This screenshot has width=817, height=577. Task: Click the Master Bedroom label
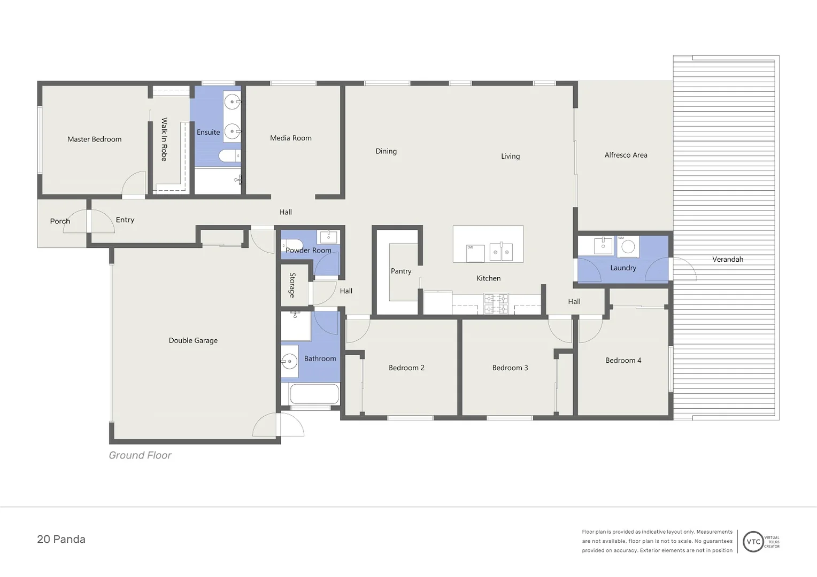pyautogui.click(x=94, y=139)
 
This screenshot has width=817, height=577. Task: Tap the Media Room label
pyautogui.click(x=290, y=138)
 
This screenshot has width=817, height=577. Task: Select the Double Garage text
pyautogui.click(x=193, y=340)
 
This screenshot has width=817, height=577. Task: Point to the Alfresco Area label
pyautogui.click(x=626, y=155)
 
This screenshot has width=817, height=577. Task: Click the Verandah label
pyautogui.click(x=727, y=259)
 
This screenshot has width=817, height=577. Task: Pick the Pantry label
pyautogui.click(x=401, y=271)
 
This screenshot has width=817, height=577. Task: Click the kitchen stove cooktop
pyautogui.click(x=496, y=303)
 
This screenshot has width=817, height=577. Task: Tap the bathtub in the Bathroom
pyautogui.click(x=314, y=394)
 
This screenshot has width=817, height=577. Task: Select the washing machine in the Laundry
pyautogui.click(x=628, y=246)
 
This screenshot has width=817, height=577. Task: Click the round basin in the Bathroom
pyautogui.click(x=289, y=362)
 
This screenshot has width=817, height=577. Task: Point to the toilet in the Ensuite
pyautogui.click(x=229, y=156)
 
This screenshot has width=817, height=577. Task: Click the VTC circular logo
pyautogui.click(x=753, y=541)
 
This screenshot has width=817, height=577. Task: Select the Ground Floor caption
pyautogui.click(x=140, y=455)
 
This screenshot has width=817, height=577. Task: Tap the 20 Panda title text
pyautogui.click(x=61, y=539)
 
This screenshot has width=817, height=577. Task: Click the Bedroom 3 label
pyautogui.click(x=510, y=368)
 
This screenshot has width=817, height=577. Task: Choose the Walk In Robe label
pyautogui.click(x=164, y=139)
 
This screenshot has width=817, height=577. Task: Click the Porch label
pyautogui.click(x=60, y=221)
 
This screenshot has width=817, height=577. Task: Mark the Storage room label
pyautogui.click(x=292, y=285)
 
